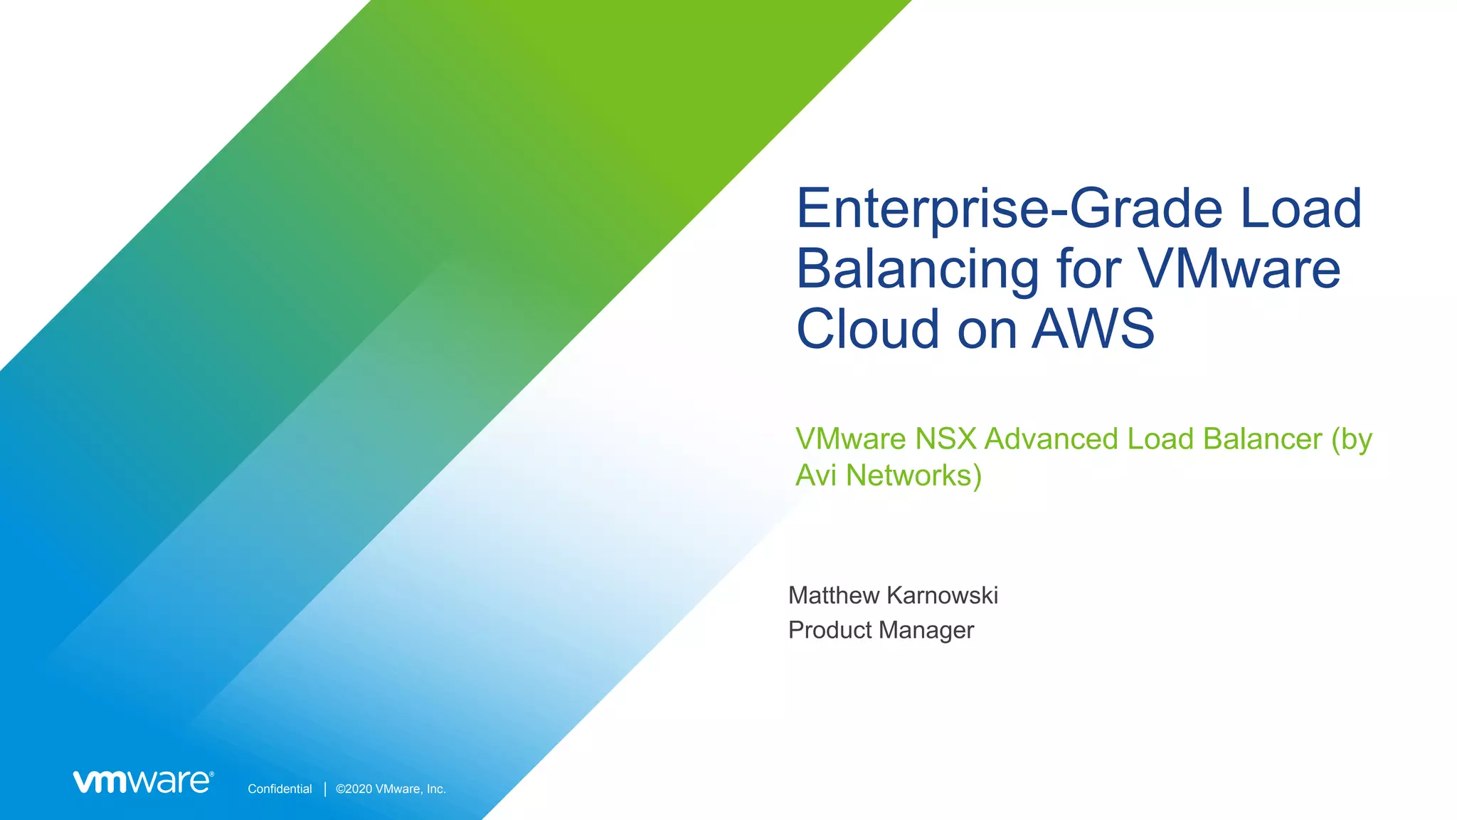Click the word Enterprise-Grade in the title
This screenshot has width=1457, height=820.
pos(1009,209)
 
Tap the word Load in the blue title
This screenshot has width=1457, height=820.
pos(1301,209)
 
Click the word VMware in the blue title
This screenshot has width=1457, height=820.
pos(1239,269)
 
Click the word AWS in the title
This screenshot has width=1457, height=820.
pos(1093,329)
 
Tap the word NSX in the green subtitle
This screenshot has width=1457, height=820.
pos(945,439)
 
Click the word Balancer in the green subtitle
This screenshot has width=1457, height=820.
pos(1262,439)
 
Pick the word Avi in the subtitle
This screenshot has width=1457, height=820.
pos(815,475)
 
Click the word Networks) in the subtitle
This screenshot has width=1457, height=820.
pos(913,475)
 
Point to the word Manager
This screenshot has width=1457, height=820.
pos(927,630)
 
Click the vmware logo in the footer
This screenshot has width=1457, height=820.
pos(143,782)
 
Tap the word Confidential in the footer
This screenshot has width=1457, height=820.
pos(280,789)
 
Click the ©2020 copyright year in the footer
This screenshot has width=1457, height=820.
pos(354,789)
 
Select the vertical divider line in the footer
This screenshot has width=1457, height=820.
pos(325,789)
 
